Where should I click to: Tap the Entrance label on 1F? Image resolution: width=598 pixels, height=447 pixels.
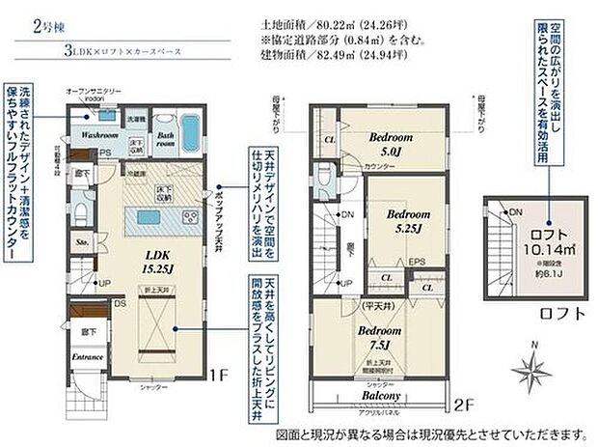tap(86, 355)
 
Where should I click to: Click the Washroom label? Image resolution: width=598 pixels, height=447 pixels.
tap(98, 136)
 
